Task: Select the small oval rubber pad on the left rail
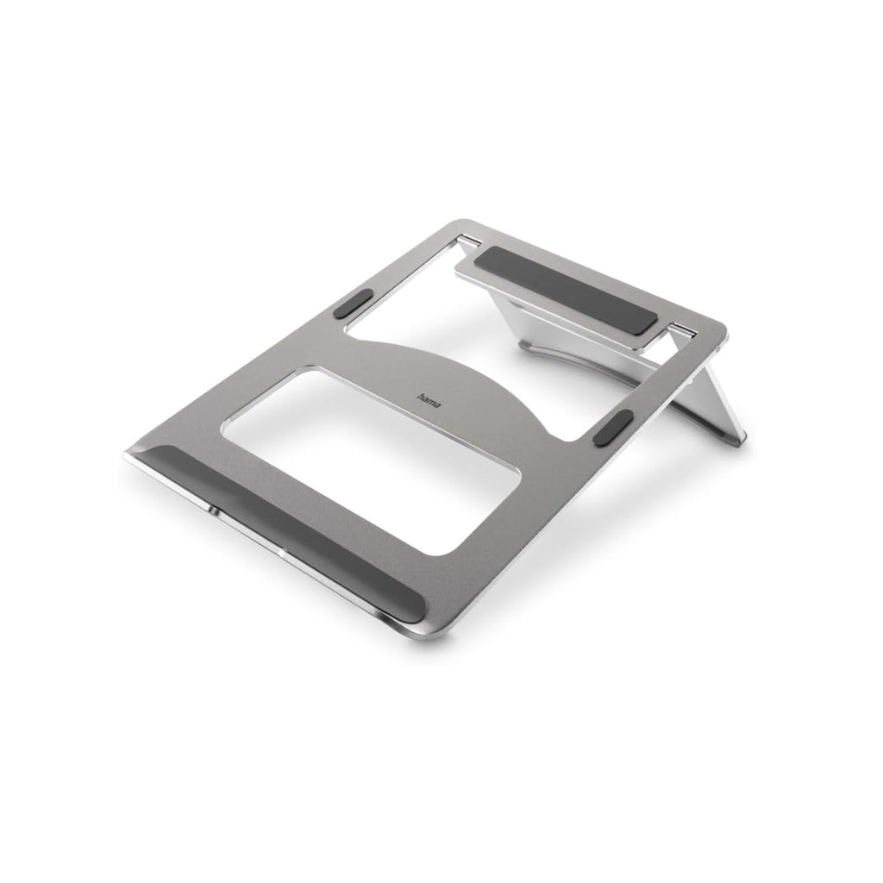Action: (x=353, y=304)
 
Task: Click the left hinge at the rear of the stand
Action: (x=469, y=241)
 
